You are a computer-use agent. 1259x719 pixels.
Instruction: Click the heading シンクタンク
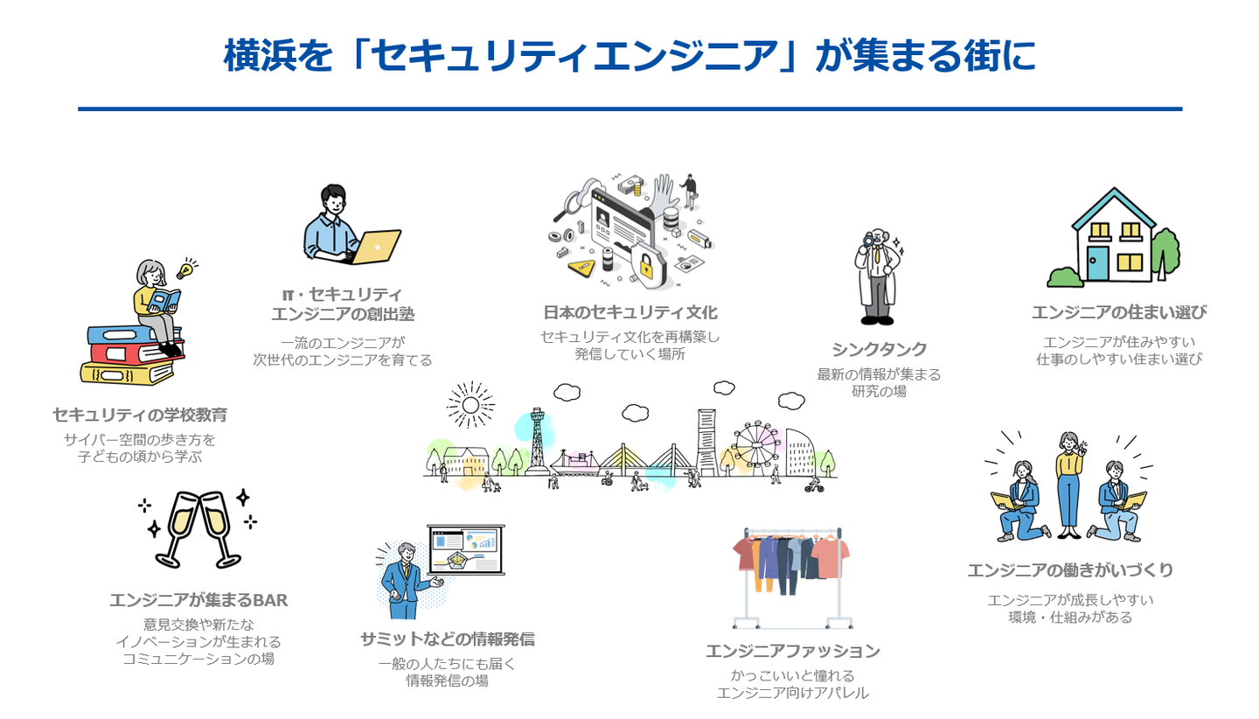[879, 350]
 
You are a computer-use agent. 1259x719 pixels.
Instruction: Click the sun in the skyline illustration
[470, 404]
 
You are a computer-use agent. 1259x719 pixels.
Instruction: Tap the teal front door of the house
[1097, 262]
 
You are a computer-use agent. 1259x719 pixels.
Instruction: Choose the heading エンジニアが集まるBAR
[198, 600]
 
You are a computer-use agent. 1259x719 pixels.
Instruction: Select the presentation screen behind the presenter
[466, 550]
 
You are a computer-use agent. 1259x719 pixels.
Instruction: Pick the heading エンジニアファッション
[792, 651]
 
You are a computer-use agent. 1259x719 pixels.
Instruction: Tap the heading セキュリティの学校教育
[139, 415]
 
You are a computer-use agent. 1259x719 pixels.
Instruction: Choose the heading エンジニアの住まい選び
[1118, 312]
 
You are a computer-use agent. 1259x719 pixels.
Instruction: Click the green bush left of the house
[1065, 277]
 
